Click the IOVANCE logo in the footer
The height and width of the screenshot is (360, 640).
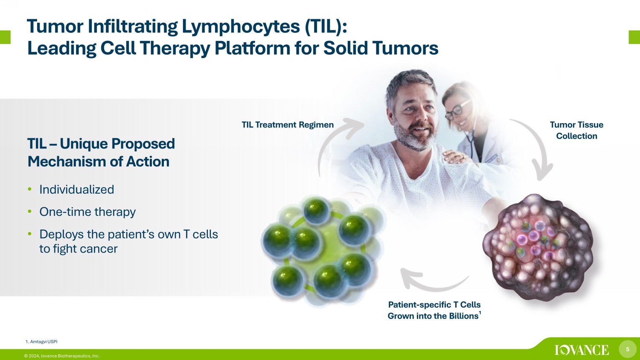[582, 350]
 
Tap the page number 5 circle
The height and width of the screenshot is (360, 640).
[628, 349]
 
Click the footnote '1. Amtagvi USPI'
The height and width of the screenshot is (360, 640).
[41, 342]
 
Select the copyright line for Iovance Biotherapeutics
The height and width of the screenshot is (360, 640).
[62, 356]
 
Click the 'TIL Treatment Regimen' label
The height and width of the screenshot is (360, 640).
[288, 125]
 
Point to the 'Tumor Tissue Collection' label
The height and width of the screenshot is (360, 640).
[576, 130]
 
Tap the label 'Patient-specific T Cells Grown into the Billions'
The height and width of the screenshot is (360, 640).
[434, 310]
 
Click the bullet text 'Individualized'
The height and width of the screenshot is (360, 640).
[76, 189]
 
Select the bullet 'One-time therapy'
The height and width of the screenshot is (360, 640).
[87, 212]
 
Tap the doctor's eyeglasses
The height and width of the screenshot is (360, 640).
[457, 109]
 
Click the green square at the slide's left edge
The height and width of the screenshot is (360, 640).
[5, 37]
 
